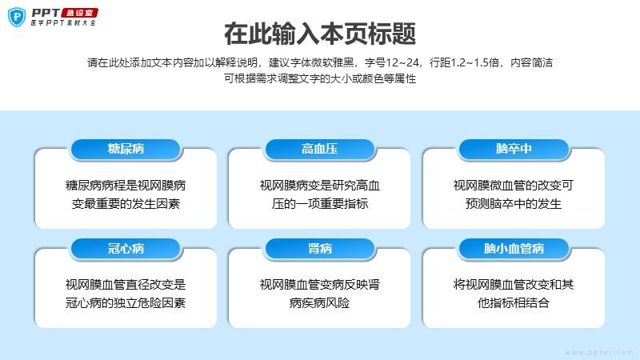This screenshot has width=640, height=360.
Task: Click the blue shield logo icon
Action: pos(17,17)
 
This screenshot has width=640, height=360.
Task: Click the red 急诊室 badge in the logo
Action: pos(80,13)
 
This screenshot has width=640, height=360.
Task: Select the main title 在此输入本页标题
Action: pos(320,34)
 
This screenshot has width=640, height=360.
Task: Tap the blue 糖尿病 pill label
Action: pos(126,149)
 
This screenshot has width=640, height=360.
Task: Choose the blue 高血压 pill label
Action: pos(319,149)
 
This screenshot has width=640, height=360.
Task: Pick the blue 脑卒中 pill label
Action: pos(514,149)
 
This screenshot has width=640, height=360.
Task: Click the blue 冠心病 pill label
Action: pos(126,249)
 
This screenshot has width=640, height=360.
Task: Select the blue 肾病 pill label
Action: pos(319,249)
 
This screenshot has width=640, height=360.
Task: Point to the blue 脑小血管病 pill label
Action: pos(514,249)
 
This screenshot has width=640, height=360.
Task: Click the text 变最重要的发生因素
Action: pos(126,204)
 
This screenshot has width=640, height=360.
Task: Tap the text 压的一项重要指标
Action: pos(319,204)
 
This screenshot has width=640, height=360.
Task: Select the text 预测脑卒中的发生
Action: pos(514,204)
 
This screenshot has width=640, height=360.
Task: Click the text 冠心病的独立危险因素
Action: pos(126,303)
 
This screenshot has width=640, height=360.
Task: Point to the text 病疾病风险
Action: pos(319,303)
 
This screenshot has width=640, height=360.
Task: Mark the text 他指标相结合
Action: pos(514,303)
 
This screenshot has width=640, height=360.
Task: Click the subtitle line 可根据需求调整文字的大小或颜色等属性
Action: pos(320,78)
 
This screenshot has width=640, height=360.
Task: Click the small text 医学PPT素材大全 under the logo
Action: pos(64,23)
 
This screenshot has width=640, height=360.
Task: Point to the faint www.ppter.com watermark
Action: pos(599,352)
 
